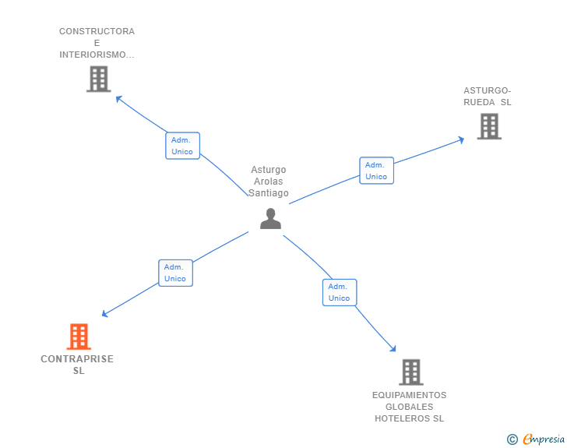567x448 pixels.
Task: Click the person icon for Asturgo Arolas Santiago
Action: click(270, 219)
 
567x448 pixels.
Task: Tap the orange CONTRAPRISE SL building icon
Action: click(79, 337)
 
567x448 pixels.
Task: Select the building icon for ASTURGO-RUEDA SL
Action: click(488, 126)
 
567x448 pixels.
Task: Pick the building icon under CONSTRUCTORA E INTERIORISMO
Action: click(98, 79)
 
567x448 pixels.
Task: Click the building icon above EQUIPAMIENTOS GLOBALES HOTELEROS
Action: click(410, 372)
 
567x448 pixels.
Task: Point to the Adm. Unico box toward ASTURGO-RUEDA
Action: click(376, 171)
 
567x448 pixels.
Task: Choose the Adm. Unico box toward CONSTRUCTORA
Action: click(182, 146)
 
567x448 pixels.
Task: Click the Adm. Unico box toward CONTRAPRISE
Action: click(175, 273)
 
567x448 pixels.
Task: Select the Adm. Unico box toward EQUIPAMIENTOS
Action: click(339, 292)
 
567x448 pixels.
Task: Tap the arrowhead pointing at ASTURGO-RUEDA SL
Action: click(461, 139)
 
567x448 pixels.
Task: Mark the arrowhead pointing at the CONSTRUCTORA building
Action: click(118, 98)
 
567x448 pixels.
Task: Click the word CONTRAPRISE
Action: click(77, 359)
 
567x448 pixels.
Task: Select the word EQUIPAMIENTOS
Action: click(409, 395)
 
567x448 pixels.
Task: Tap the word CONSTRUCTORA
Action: click(97, 32)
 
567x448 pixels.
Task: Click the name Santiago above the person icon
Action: click(269, 193)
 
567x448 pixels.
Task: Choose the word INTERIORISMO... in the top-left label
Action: click(97, 55)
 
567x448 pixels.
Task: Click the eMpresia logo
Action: click(543, 439)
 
